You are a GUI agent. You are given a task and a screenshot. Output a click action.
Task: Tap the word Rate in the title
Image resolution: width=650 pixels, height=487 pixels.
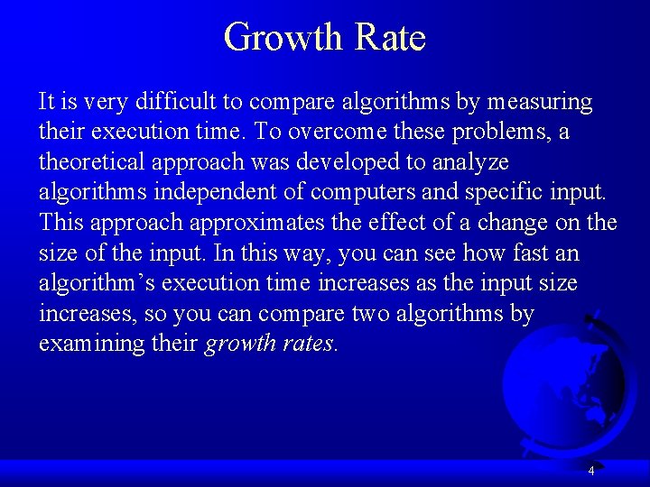[x=391, y=38]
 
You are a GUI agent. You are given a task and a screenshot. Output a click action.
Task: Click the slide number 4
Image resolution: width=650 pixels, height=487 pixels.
[x=590, y=471]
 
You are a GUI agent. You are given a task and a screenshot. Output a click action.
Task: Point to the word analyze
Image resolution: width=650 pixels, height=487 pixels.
[x=473, y=163]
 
